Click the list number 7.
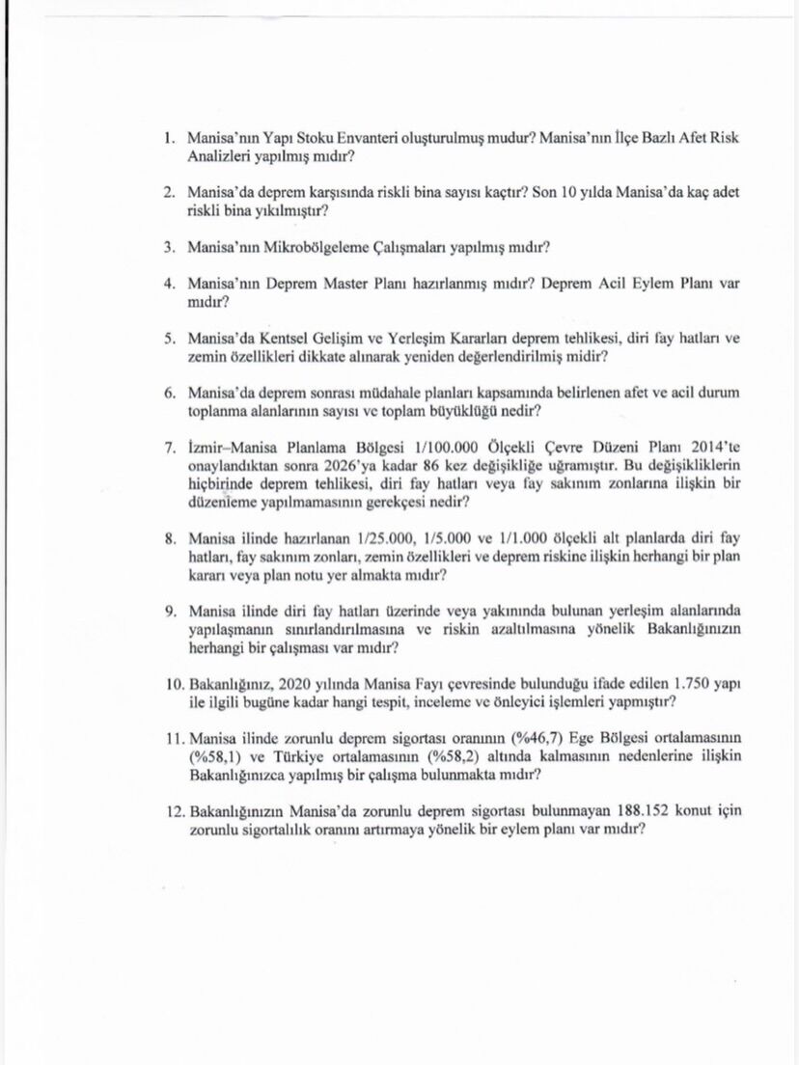coord(168,449)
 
